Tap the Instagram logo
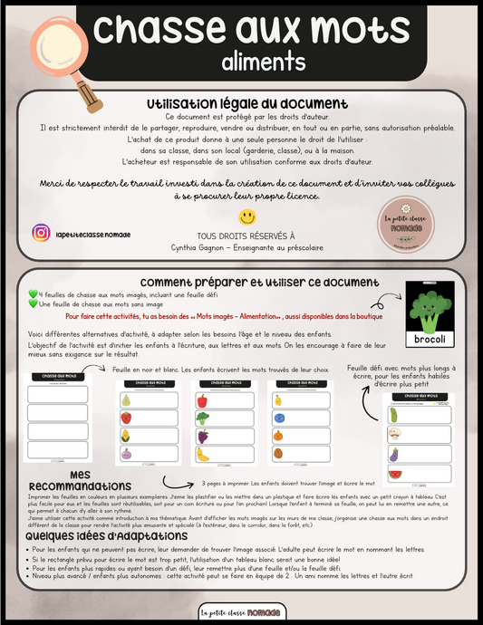41,233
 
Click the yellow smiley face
246,217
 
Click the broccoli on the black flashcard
429,308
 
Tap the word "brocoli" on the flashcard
429,339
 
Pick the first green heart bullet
34,293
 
